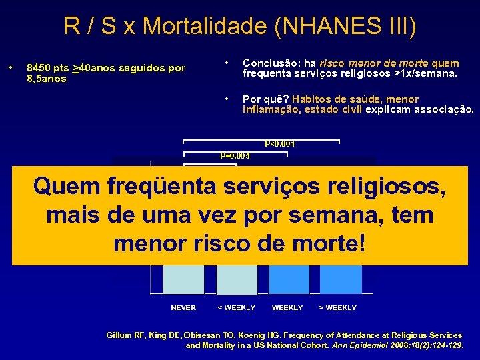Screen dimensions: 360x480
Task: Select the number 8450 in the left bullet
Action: [37, 68]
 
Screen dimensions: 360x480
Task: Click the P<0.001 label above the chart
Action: [280, 143]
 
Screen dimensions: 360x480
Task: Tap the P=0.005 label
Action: [235, 155]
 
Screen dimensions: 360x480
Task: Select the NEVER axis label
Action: [183, 307]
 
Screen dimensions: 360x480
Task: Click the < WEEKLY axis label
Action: [237, 307]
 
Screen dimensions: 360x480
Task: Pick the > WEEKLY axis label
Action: [337, 307]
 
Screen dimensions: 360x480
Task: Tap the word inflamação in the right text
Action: [270, 109]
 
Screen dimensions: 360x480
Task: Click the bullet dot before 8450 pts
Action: [11, 68]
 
